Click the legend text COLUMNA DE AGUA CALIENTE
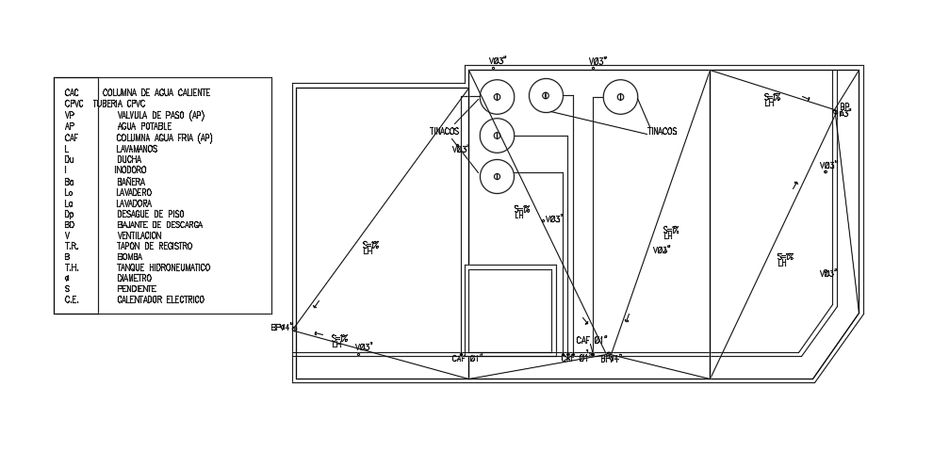click(155, 93)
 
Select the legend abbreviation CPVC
click(74, 104)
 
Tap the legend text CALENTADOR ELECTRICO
click(160, 300)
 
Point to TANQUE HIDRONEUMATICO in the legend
click(163, 268)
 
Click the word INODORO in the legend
click(130, 169)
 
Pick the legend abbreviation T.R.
click(71, 247)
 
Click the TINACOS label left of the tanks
click(444, 132)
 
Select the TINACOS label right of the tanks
click(662, 132)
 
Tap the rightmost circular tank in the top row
click(620, 96)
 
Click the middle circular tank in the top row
click(546, 95)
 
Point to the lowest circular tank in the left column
click(497, 176)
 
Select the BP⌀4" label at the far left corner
click(282, 328)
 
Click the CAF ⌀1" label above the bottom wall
click(592, 340)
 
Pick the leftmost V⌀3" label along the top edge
click(498, 61)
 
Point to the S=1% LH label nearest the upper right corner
click(772, 99)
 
